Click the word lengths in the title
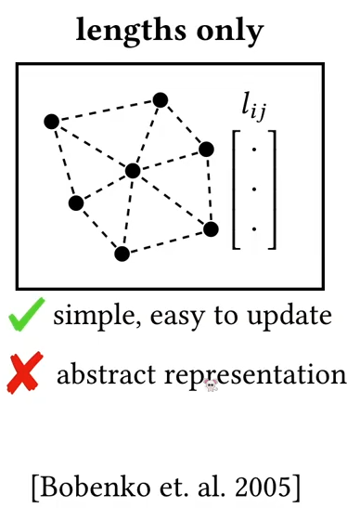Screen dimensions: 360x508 pyautogui.click(x=131, y=31)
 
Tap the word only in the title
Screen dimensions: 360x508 pyautogui.click(x=230, y=31)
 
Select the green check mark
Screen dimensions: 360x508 pyautogui.click(x=27, y=314)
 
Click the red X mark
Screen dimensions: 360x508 pyautogui.click(x=25, y=372)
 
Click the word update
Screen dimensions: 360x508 pyautogui.click(x=289, y=316)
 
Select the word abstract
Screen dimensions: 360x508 pyautogui.click(x=106, y=374)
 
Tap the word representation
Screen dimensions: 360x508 pyautogui.click(x=255, y=376)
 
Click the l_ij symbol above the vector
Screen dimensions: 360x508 pyautogui.click(x=253, y=110)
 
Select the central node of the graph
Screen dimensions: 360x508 pyautogui.click(x=133, y=171)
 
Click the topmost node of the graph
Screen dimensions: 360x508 pyautogui.click(x=161, y=100)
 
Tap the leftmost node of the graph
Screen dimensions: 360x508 pyautogui.click(x=51, y=122)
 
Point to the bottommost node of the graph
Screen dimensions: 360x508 pyautogui.click(x=122, y=254)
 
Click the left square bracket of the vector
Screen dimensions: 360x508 pyautogui.click(x=236, y=189)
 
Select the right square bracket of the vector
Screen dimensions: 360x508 pyautogui.click(x=272, y=189)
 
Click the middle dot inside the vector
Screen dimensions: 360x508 pyautogui.click(x=254, y=189)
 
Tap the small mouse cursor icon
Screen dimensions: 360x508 pyautogui.click(x=211, y=385)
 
